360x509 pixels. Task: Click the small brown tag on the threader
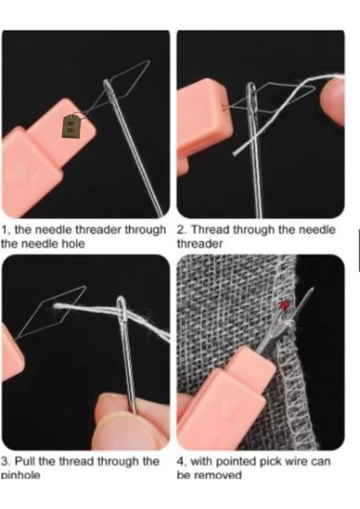coord(70,126)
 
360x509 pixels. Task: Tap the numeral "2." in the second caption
coord(181,230)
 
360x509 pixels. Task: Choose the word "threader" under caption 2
coord(200,243)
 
